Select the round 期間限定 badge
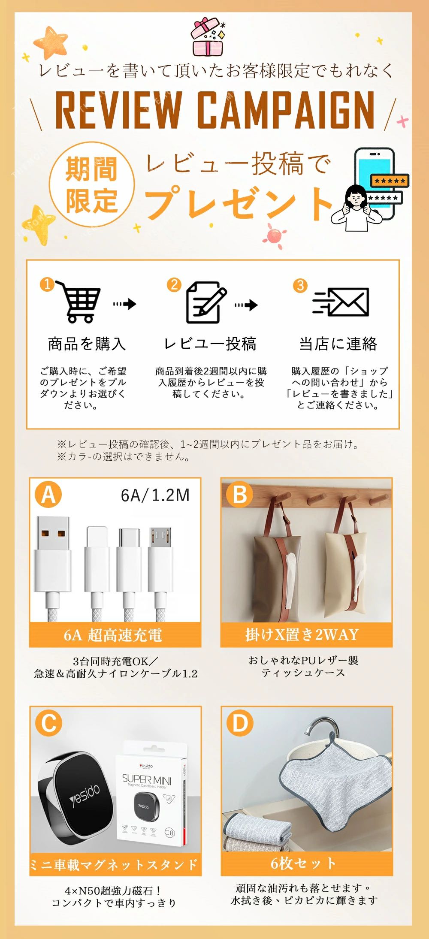click(x=92, y=184)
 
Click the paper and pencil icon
click(x=205, y=302)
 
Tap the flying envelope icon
click(x=341, y=302)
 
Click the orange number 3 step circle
click(x=300, y=285)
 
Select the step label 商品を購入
click(x=87, y=344)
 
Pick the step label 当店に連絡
click(x=338, y=344)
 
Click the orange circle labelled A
click(x=48, y=494)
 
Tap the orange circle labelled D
click(x=240, y=723)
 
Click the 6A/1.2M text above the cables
click(x=155, y=495)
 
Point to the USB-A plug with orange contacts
click(x=53, y=553)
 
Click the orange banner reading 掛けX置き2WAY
click(x=306, y=634)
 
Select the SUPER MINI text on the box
click(x=147, y=778)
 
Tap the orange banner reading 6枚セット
click(x=307, y=863)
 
